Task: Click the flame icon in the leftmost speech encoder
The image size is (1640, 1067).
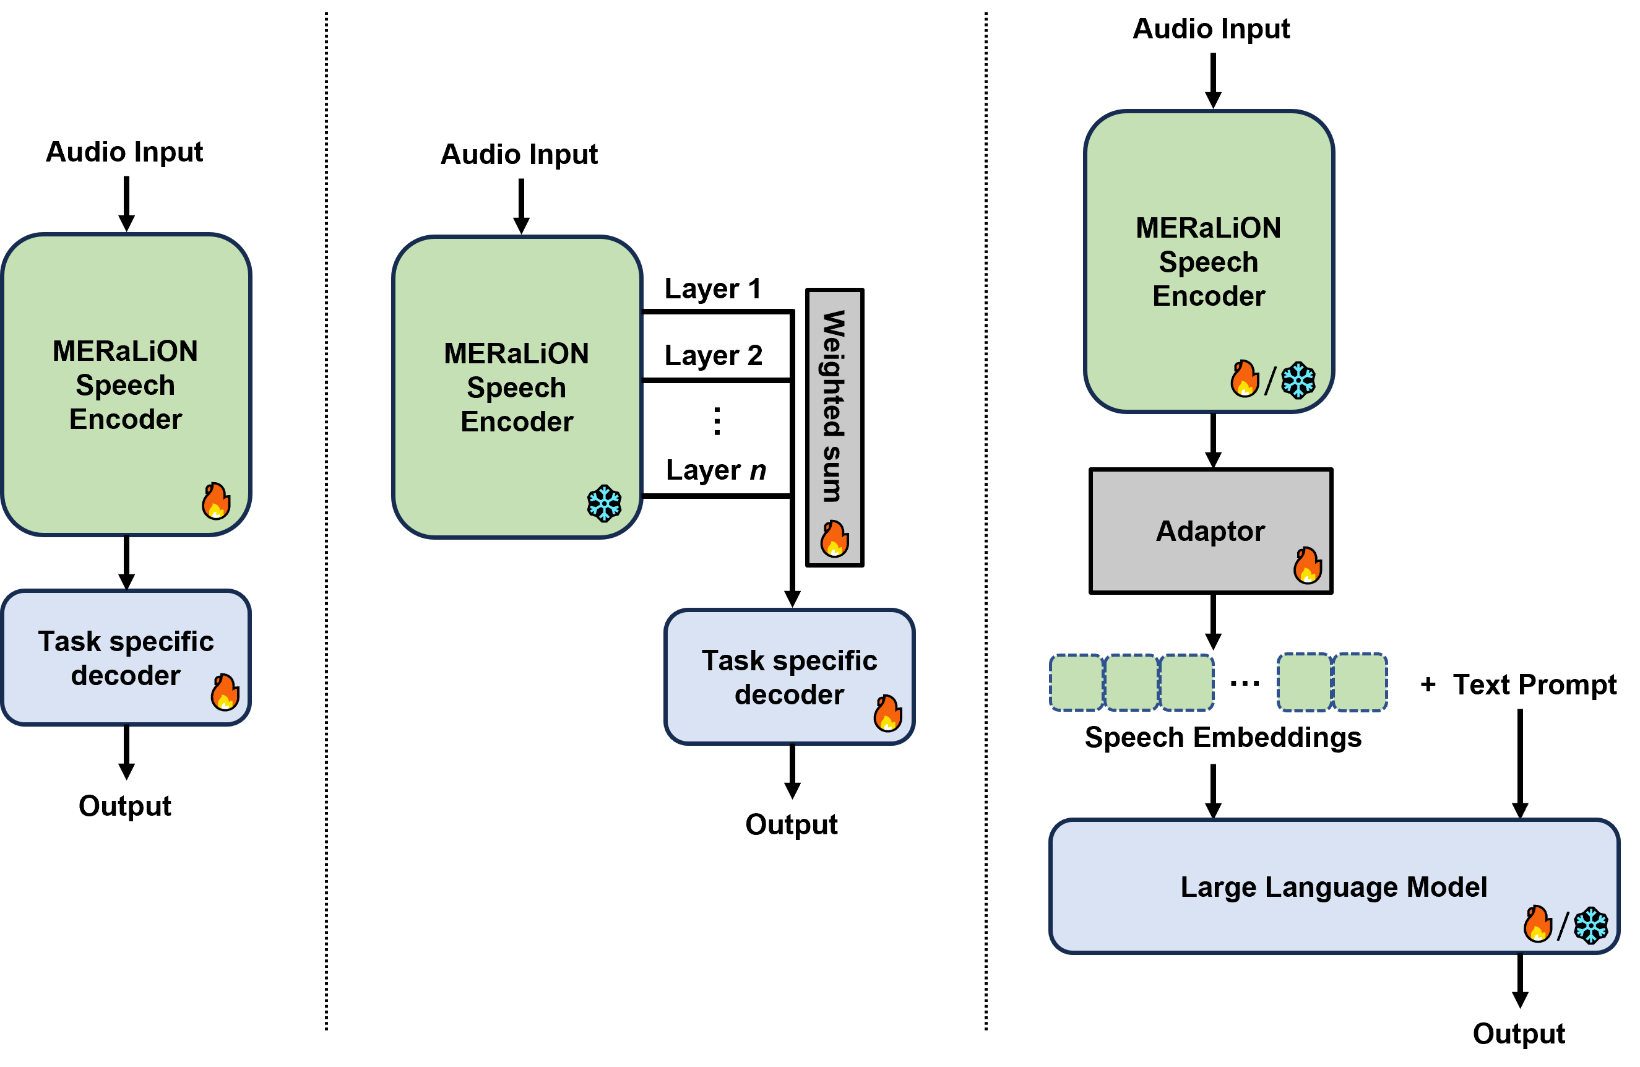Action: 216,501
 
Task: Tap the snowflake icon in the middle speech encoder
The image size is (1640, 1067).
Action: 604,503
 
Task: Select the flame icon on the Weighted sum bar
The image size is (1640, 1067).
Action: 834,538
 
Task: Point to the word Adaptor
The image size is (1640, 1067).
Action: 1210,531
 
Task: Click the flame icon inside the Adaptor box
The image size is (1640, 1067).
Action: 1307,566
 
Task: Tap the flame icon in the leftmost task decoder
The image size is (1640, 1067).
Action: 225,692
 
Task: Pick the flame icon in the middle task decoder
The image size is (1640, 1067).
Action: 887,713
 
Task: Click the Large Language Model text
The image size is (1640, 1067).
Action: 1334,887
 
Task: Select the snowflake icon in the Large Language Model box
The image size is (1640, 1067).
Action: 1590,925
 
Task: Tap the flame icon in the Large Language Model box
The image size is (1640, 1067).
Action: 1537,923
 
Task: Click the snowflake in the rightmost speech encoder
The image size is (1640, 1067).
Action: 1298,380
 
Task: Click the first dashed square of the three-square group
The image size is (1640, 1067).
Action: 1076,683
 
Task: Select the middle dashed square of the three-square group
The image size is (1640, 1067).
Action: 1131,683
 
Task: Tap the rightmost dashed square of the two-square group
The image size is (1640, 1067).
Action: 1360,683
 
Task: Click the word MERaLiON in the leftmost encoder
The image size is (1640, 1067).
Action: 126,351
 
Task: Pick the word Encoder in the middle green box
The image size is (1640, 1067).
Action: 517,422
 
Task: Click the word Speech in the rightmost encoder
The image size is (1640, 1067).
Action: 1209,262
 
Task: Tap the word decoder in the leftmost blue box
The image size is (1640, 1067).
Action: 126,675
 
